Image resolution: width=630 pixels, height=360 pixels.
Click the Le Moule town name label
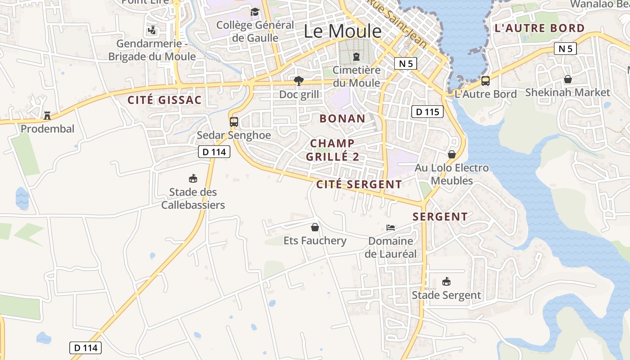[x=342, y=31]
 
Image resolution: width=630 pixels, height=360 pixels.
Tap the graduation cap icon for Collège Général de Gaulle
[x=255, y=12]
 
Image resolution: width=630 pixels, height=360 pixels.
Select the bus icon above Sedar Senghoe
[x=234, y=121]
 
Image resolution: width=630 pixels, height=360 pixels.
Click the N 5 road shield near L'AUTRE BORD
[x=565, y=49]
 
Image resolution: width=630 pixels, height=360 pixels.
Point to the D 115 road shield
[x=427, y=112]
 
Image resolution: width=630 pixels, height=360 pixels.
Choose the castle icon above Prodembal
[x=47, y=116]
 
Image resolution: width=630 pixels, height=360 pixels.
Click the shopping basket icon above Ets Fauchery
[x=315, y=227]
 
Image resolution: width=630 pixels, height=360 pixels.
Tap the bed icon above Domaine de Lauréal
[x=391, y=228]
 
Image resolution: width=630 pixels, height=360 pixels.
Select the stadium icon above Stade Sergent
[x=446, y=282]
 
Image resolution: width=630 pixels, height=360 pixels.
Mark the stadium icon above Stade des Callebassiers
[x=193, y=179]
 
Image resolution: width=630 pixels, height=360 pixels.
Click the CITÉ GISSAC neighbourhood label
[x=164, y=100]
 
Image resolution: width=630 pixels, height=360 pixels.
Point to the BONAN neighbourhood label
[x=342, y=119]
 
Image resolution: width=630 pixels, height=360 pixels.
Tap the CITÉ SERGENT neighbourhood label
[x=359, y=184]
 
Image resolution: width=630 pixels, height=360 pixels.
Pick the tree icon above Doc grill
[x=298, y=81]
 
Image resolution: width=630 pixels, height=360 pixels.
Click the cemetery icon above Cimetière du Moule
[x=356, y=57]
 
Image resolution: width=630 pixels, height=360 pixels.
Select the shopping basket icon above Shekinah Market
[x=568, y=79]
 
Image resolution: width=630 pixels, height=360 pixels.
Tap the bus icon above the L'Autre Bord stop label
[x=486, y=81]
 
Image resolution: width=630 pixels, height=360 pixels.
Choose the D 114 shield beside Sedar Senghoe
[x=214, y=152]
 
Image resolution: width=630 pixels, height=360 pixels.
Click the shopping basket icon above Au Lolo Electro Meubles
[x=452, y=154]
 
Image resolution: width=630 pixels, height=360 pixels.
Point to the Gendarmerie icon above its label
[x=152, y=31]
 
